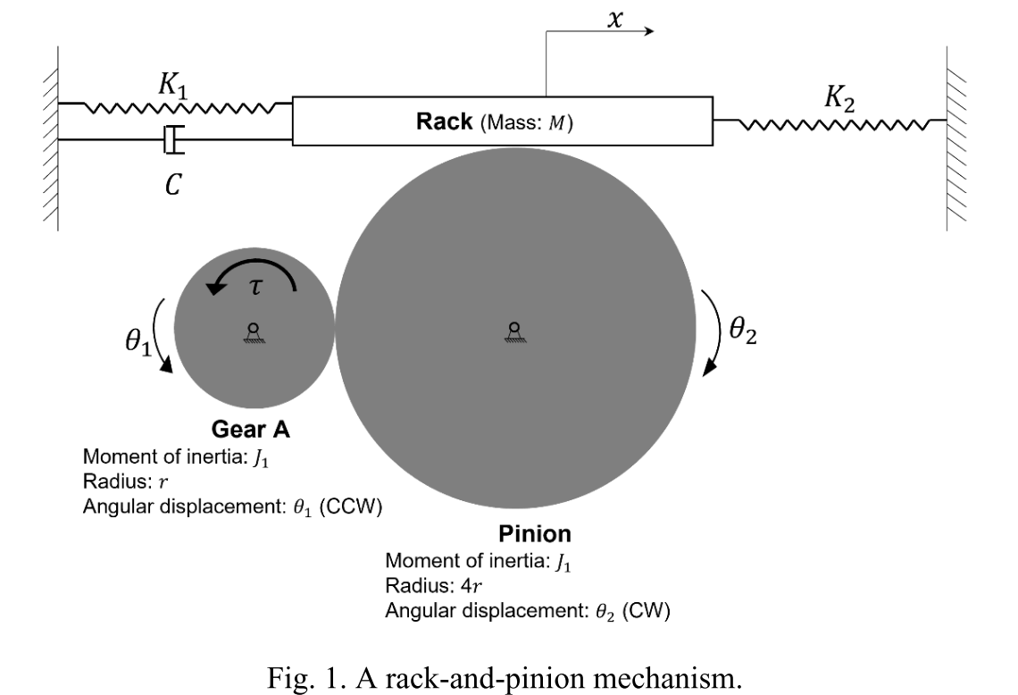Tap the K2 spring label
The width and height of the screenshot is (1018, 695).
coord(839,99)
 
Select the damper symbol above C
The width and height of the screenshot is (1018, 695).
coord(173,139)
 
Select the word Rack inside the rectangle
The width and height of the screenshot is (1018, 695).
coord(444,122)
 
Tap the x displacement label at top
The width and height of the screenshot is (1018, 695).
coord(614,19)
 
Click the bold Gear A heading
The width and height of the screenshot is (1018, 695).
coord(250,430)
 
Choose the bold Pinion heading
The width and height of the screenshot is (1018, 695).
coord(534,534)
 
